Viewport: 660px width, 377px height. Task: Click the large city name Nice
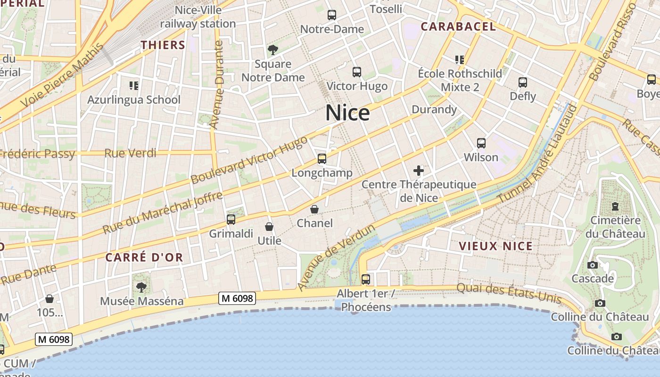click(x=347, y=113)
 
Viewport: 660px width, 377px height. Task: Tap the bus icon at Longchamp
click(x=322, y=159)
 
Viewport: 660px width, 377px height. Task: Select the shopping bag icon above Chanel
click(x=314, y=209)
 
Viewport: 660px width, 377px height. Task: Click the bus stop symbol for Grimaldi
click(x=231, y=219)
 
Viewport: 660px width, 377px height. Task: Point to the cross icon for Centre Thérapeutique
click(x=419, y=170)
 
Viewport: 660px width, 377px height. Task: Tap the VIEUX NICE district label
click(x=495, y=246)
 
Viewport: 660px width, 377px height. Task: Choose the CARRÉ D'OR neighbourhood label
click(x=144, y=257)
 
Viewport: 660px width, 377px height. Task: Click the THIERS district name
click(x=163, y=45)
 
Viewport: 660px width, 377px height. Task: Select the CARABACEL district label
click(x=458, y=27)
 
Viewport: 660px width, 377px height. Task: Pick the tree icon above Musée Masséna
click(x=141, y=287)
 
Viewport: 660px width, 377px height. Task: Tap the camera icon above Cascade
click(x=593, y=265)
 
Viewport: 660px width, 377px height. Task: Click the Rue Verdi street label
click(x=130, y=153)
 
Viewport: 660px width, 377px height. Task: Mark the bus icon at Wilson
click(x=481, y=143)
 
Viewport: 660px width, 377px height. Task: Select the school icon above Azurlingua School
click(x=134, y=86)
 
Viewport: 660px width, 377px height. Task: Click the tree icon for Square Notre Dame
click(x=272, y=49)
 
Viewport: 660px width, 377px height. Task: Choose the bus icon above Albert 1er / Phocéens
click(x=366, y=279)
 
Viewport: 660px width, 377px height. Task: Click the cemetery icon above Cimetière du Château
click(x=615, y=206)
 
